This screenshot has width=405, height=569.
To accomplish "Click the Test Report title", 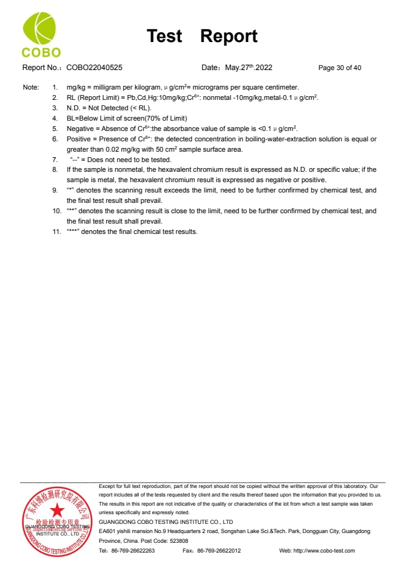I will click(202, 37).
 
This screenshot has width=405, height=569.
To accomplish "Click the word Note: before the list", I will click(30, 87).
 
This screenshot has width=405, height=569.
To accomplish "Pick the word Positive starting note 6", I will click(79, 139).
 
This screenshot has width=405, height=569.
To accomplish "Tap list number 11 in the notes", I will click(56, 231).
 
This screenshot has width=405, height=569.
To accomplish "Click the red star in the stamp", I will click(57, 510).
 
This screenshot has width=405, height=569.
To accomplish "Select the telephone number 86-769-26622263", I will click(132, 550).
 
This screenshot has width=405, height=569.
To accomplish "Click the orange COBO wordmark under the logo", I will click(41, 53).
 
